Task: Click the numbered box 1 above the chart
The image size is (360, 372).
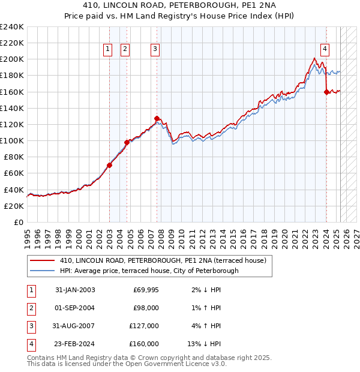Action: tap(108, 50)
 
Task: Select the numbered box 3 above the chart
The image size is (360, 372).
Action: tap(155, 50)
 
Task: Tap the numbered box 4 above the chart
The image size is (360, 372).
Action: tap(325, 50)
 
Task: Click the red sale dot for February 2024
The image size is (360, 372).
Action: tap(326, 92)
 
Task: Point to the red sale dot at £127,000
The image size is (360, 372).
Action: tap(157, 119)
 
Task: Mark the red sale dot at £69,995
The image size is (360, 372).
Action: tap(110, 165)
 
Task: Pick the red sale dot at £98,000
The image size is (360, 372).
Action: tap(127, 142)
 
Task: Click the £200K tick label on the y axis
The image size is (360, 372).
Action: tap(12, 59)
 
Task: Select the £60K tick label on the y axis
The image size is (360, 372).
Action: tap(14, 173)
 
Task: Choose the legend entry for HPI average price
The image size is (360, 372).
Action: tap(149, 271)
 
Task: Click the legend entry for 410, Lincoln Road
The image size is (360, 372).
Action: tap(163, 260)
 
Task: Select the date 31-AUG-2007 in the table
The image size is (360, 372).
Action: tap(75, 326)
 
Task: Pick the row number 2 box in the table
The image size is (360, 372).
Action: tap(31, 308)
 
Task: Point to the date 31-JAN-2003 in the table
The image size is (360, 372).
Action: tap(75, 290)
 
